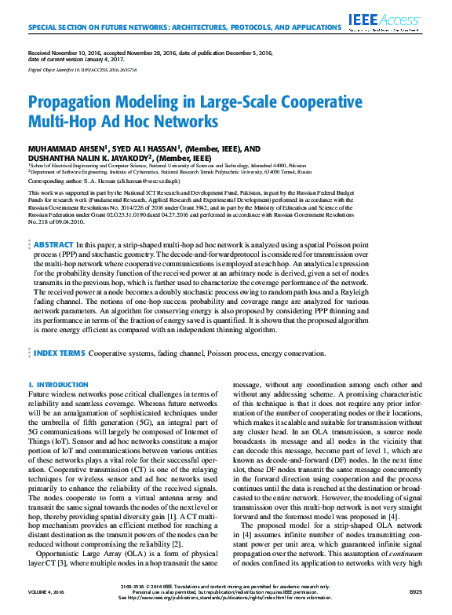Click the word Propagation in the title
77,104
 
